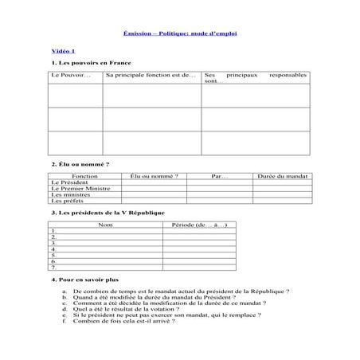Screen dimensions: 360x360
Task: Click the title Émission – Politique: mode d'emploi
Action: (180, 33)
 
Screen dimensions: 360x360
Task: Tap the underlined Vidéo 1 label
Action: (62, 50)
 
